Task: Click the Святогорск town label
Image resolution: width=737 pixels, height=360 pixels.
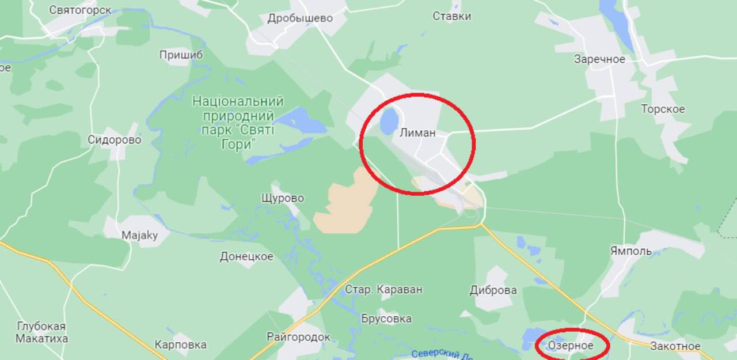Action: pos(80,10)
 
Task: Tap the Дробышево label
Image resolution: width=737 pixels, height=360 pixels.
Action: pos(300,18)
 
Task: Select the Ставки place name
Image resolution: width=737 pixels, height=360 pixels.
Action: pos(452,16)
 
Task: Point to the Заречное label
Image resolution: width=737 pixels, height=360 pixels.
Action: pos(599,59)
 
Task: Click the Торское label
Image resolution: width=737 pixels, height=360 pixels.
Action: pos(663,109)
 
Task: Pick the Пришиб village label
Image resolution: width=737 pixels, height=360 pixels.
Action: pos(181,55)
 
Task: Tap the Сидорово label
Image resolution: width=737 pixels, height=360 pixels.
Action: pos(115,139)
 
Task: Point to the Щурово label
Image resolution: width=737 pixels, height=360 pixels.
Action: pos(282,198)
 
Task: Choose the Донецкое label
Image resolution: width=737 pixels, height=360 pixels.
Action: pos(246,256)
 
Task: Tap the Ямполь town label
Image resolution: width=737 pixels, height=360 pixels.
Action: pos(631,251)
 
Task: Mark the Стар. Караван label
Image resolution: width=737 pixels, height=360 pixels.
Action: pos(383,289)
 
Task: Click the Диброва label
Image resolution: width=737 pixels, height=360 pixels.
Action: pos(493,290)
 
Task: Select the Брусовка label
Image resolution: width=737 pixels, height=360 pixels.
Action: pos(386,319)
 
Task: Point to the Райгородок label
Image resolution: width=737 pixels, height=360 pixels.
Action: pos(298,336)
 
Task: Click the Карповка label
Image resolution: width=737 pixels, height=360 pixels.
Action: pos(180,344)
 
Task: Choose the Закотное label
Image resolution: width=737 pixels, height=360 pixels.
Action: pos(675,346)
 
